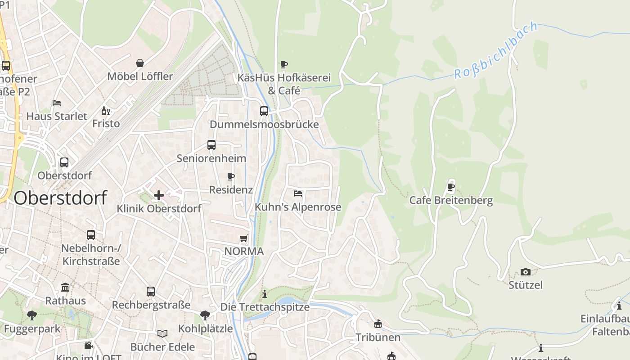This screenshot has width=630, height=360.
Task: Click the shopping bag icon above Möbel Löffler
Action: click(x=140, y=63)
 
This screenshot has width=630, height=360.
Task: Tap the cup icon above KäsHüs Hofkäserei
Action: click(x=283, y=64)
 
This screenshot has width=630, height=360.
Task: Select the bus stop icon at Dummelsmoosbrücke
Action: click(x=264, y=111)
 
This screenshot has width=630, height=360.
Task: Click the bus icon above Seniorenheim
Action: click(x=211, y=145)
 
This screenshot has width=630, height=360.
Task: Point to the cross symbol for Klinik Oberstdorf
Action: click(x=158, y=195)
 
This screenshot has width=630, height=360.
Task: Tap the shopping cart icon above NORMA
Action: click(x=244, y=238)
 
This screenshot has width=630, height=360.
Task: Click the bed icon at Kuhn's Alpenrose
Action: click(x=298, y=193)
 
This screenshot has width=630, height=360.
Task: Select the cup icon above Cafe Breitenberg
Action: click(x=451, y=187)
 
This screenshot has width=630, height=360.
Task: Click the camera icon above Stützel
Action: click(x=525, y=272)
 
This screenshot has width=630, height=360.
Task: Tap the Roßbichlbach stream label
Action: click(x=496, y=50)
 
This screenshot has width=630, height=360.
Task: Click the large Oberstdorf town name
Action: click(x=61, y=198)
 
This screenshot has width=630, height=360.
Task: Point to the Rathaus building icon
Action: click(x=65, y=287)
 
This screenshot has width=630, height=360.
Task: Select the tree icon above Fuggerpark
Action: click(x=31, y=315)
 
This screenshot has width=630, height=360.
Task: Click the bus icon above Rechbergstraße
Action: click(x=151, y=292)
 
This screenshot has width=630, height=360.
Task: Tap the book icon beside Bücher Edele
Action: click(x=162, y=333)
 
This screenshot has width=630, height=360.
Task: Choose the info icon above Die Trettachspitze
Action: click(x=265, y=294)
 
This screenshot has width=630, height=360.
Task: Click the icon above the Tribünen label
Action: click(x=378, y=324)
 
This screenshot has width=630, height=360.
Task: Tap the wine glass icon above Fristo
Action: click(x=106, y=111)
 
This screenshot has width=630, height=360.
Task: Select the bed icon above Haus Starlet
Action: click(x=57, y=103)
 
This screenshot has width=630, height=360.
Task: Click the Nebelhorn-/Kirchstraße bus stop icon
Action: click(x=91, y=235)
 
